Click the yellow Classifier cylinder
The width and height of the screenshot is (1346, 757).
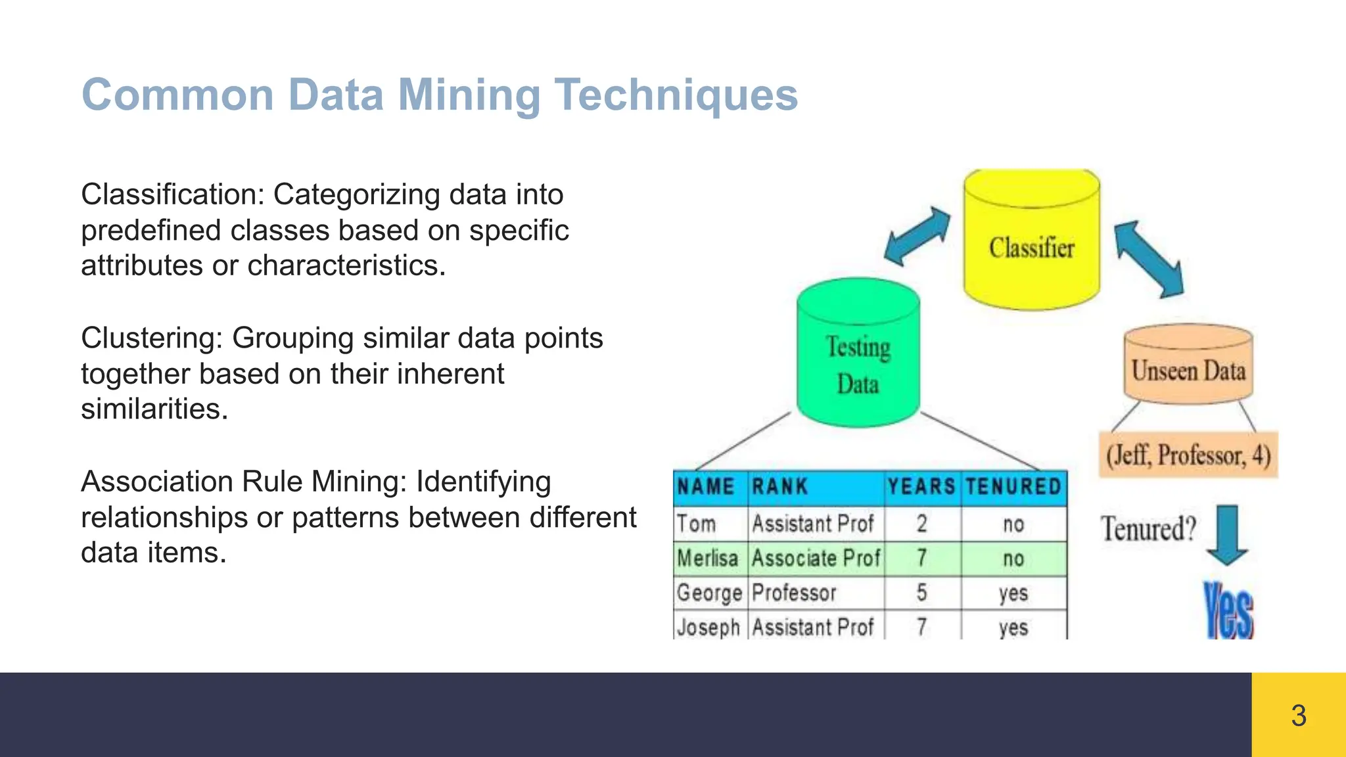tap(1031, 243)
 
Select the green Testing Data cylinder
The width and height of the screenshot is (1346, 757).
tap(858, 358)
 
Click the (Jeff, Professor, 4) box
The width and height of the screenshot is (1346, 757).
tap(1188, 455)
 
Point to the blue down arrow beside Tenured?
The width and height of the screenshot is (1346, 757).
tap(1226, 534)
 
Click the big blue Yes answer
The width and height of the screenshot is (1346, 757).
tap(1228, 611)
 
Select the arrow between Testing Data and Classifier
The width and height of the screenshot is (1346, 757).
tap(917, 237)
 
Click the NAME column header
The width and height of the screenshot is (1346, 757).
tap(706, 487)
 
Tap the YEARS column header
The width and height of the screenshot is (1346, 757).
tap(921, 487)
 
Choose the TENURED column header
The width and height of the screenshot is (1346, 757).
tap(1013, 487)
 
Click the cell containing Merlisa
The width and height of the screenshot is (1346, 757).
tap(708, 559)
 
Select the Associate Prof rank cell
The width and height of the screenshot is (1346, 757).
tap(816, 559)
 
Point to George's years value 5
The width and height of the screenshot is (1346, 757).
tap(921, 593)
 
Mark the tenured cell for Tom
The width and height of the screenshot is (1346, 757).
tap(1013, 524)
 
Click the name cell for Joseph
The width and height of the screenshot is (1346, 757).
tap(708, 627)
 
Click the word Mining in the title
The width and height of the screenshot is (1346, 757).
tap(469, 95)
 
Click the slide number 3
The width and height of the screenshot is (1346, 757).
tap(1298, 716)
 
